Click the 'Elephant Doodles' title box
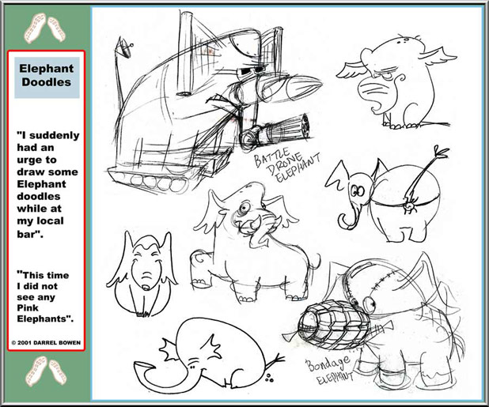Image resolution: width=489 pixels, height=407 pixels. (x=45, y=75)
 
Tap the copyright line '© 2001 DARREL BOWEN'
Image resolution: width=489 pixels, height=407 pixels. (x=46, y=343)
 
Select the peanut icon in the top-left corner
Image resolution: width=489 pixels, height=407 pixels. (x=45, y=27)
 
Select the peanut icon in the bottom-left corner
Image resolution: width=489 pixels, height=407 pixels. (x=45, y=375)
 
